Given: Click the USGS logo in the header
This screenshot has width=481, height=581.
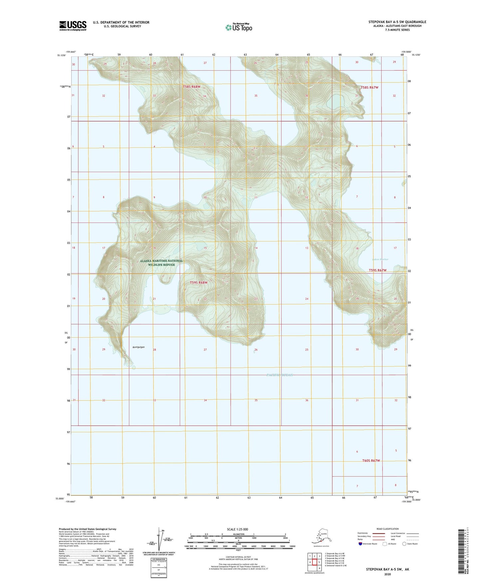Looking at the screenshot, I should pos(73,26).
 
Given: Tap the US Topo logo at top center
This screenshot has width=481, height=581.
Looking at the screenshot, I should pos(239,27).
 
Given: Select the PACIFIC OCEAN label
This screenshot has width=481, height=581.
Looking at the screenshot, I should pos(280,375).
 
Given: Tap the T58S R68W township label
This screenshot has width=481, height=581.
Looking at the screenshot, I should pos(192,87).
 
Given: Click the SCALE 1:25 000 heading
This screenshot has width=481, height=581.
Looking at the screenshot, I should pos(237,529).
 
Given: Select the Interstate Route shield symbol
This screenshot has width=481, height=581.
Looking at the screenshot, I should pos(361,544).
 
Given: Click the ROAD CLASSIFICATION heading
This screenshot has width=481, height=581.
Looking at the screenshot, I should pos(387,529).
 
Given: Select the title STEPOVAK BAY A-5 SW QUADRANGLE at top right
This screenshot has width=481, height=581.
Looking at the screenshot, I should pos(397,22).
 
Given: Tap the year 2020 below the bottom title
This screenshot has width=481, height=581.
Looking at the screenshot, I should pos(388,574).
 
